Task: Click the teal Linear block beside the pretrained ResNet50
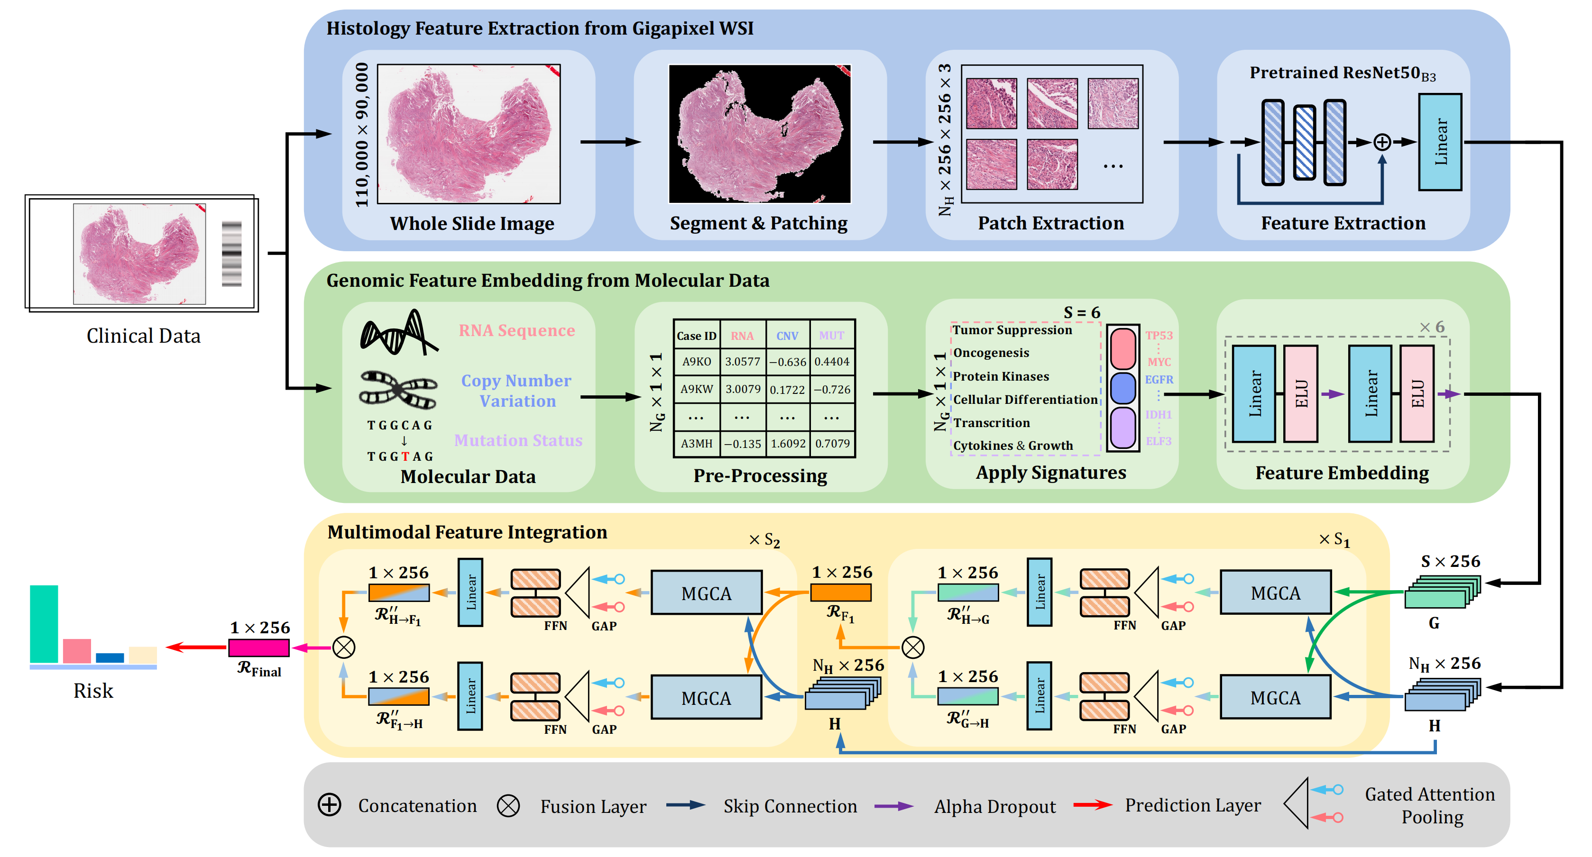click(1439, 142)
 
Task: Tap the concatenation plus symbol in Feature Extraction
click(1382, 142)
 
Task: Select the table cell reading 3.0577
click(742, 362)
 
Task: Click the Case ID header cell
click(697, 336)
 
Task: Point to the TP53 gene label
click(1159, 336)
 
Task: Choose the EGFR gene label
click(1159, 379)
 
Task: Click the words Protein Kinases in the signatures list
click(1001, 376)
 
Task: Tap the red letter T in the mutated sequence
click(405, 456)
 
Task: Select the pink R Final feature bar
click(259, 647)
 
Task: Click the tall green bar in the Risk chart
click(44, 624)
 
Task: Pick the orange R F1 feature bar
click(840, 593)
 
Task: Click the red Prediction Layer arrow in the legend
click(1092, 805)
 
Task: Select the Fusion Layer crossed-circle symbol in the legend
click(508, 806)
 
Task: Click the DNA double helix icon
click(399, 333)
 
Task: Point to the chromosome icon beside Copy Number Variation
click(399, 389)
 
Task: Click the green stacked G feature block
click(1442, 592)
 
